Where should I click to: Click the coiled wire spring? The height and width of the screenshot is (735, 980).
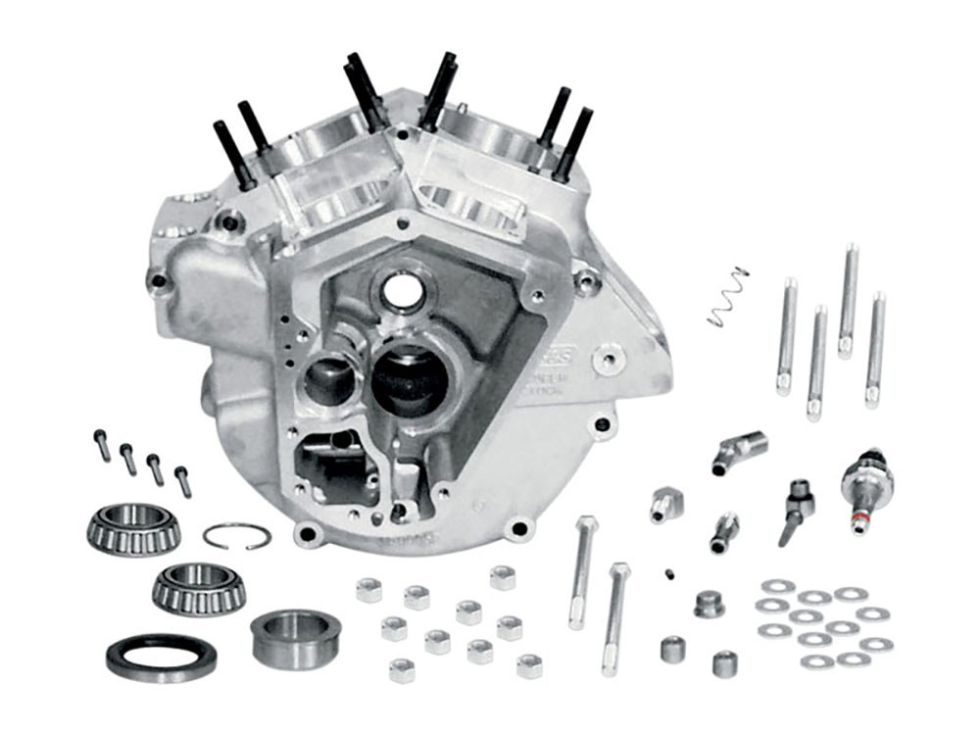(x=727, y=297)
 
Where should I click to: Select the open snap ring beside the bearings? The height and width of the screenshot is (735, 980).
(x=237, y=535)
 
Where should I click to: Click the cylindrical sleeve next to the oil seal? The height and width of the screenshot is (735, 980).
(x=294, y=638)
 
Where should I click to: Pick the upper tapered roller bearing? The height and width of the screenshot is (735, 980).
(x=133, y=527)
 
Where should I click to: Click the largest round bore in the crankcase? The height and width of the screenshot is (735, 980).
(x=411, y=378)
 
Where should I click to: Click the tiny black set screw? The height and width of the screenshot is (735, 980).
(x=670, y=574)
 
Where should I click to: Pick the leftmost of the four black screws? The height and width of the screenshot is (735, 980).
(x=103, y=445)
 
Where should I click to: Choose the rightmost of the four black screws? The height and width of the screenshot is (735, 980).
(x=182, y=481)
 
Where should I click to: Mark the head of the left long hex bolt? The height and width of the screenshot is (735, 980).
(x=586, y=525)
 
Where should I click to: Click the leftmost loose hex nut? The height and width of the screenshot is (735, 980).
(x=369, y=589)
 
